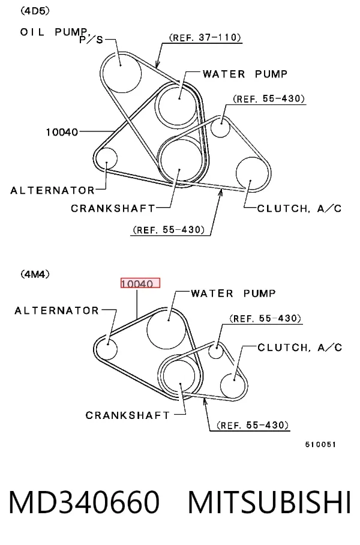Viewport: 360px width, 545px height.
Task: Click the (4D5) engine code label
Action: pyautogui.click(x=35, y=11)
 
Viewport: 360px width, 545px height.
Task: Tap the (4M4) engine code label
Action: pyautogui.click(x=35, y=274)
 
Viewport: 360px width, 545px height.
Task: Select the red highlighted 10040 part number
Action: pyautogui.click(x=140, y=283)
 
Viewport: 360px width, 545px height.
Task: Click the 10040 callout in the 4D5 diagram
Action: pyautogui.click(x=62, y=132)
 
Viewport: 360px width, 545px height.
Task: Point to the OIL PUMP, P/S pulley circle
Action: pyautogui.click(x=121, y=73)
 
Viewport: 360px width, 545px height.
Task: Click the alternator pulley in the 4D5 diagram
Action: pyautogui.click(x=106, y=159)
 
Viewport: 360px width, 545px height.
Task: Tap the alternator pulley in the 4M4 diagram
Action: pyautogui.click(x=107, y=349)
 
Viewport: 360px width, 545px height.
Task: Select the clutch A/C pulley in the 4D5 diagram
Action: pyautogui.click(x=253, y=174)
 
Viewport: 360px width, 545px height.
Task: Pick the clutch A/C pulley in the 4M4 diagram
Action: pyautogui.click(x=233, y=386)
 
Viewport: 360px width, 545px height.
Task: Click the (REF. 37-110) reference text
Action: pyautogui.click(x=205, y=38)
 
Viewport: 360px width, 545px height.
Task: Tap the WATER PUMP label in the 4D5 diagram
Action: pyautogui.click(x=245, y=74)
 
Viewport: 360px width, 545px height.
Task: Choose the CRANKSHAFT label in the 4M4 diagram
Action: pyautogui.click(x=128, y=415)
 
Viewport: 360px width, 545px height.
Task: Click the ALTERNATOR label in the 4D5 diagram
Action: pyautogui.click(x=52, y=190)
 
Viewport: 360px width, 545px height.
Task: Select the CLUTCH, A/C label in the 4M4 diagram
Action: pyautogui.click(x=300, y=348)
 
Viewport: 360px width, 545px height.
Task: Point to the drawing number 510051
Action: pyautogui.click(x=320, y=445)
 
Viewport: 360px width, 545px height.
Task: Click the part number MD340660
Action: pyautogui.click(x=84, y=502)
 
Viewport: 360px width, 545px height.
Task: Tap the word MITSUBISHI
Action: pyautogui.click(x=269, y=502)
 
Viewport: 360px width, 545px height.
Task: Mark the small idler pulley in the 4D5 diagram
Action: pyautogui.click(x=220, y=128)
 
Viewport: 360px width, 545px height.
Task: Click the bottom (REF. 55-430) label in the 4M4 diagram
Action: pyautogui.click(x=253, y=426)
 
